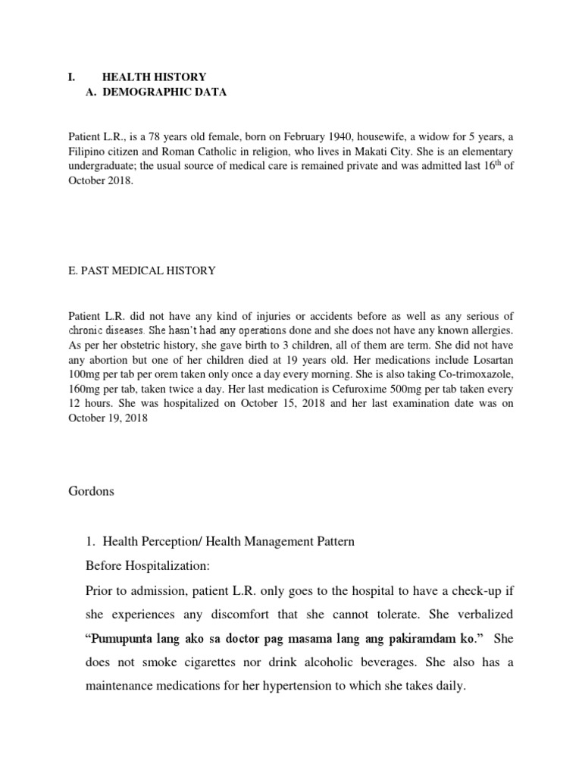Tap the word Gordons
[91, 490]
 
